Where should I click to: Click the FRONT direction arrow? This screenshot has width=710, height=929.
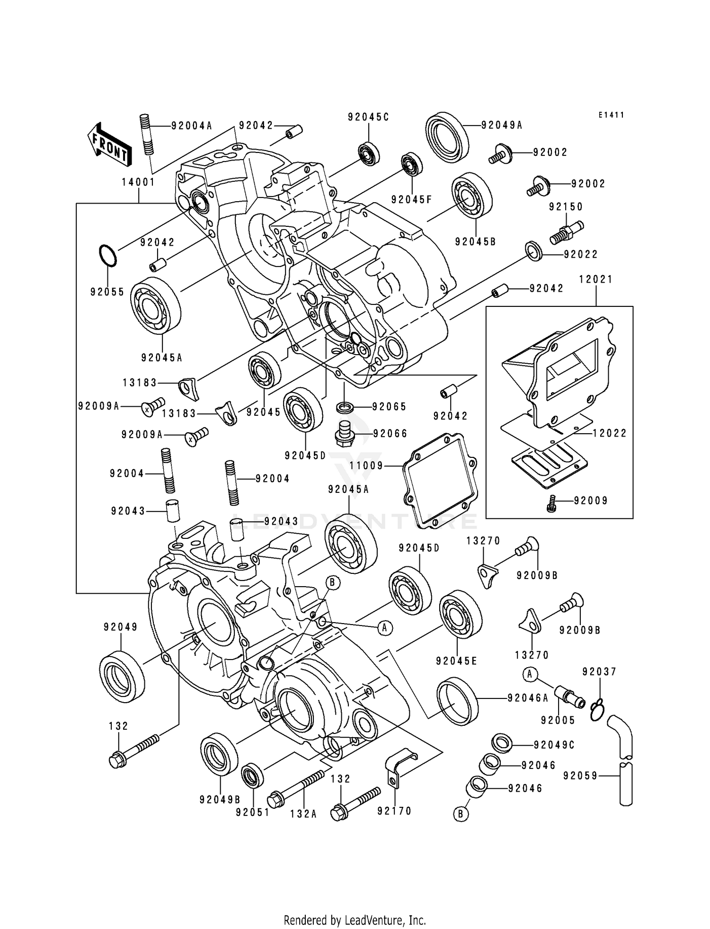(108, 145)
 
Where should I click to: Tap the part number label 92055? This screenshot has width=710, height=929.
(107, 292)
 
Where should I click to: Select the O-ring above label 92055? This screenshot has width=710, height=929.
(107, 256)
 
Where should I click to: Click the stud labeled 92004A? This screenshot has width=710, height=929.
(147, 134)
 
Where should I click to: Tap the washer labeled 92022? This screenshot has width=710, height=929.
(534, 250)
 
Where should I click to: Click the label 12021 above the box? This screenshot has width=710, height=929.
(595, 279)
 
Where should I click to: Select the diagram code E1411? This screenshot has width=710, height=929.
(611, 115)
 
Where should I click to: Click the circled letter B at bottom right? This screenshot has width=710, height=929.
(461, 814)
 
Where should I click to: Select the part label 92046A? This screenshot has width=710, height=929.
(528, 698)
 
